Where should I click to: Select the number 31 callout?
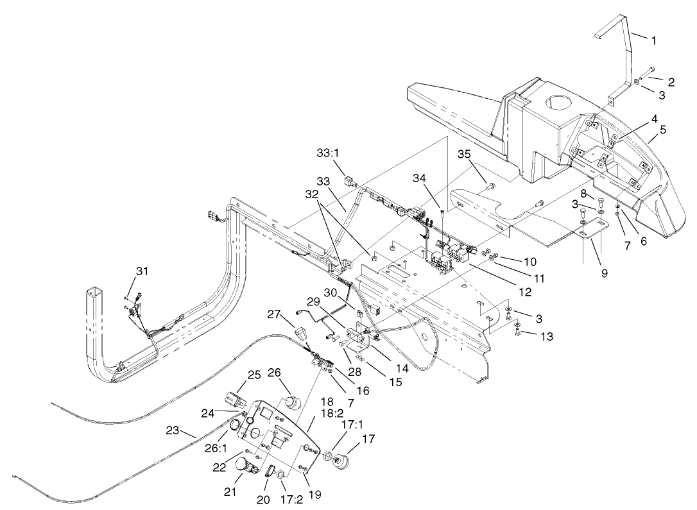[142, 271]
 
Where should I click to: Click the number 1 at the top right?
[653, 40]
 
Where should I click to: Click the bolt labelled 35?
[491, 187]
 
